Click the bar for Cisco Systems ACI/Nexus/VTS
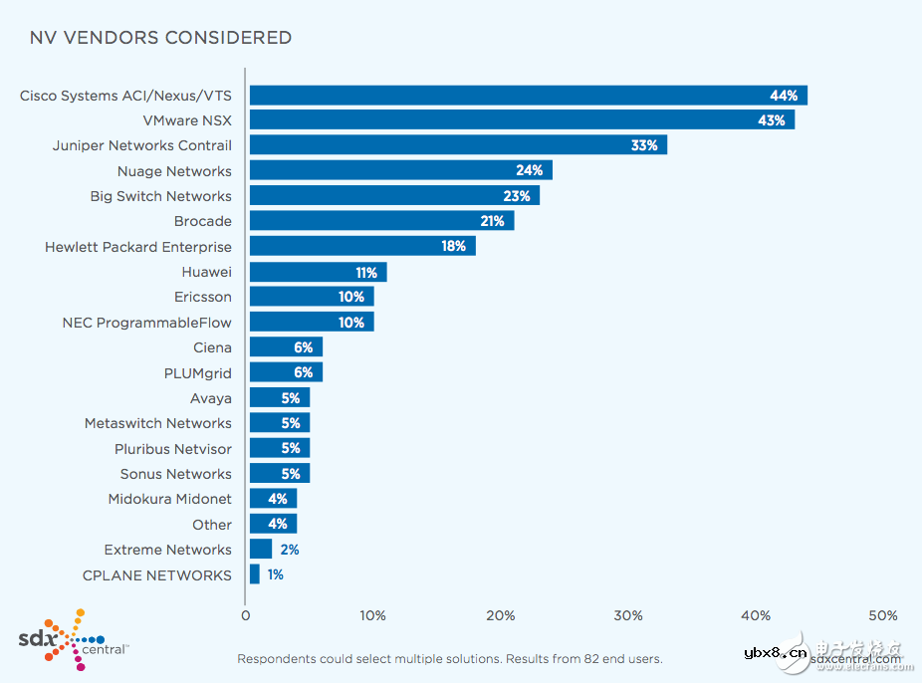pos(528,96)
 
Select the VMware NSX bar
pos(522,120)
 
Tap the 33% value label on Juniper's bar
pos(643,145)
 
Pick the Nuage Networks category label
pos(174,171)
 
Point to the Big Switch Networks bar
pos(394,196)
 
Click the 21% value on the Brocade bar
pos(492,221)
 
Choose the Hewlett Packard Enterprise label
pos(138,247)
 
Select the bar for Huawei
pos(318,272)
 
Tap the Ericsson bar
pos(312,297)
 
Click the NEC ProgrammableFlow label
pos(146,323)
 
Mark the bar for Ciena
pos(286,347)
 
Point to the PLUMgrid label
pos(197,372)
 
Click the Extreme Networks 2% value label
pos(290,550)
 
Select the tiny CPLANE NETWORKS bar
pos(255,574)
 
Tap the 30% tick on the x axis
pos(628,615)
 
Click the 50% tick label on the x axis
pos(882,615)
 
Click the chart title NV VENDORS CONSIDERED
pos(160,38)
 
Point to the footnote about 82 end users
pos(449,659)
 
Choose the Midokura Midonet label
pos(169,499)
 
